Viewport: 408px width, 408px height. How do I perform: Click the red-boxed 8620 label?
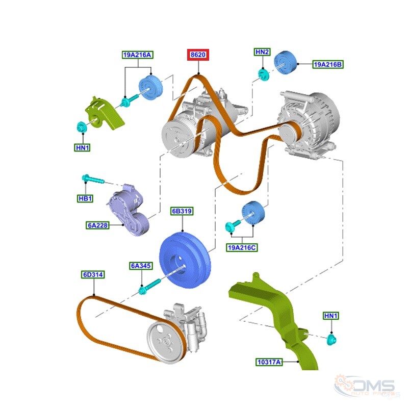198,55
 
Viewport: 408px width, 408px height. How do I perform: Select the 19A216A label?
137,55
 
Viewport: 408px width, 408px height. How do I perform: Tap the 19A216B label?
328,65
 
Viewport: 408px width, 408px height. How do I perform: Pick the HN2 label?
262,52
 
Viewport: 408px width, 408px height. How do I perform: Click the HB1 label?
85,198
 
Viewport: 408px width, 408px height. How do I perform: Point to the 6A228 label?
97,225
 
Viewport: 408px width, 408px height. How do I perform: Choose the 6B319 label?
182,211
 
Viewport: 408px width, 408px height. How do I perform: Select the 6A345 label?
141,266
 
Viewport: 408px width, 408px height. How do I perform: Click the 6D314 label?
93,275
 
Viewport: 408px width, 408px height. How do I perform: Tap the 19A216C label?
242,248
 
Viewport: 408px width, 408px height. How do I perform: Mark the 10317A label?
269,362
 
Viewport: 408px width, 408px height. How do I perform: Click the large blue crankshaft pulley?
185,260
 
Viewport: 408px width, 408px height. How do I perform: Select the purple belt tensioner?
128,210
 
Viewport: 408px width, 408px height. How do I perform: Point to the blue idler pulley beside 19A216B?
285,62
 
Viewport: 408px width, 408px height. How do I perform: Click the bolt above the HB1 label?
93,179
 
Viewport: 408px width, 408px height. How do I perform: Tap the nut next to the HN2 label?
264,74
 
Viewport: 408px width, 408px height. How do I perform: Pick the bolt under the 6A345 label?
149,287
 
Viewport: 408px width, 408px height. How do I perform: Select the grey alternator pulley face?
289,133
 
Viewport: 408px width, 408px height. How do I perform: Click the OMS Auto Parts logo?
366,387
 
